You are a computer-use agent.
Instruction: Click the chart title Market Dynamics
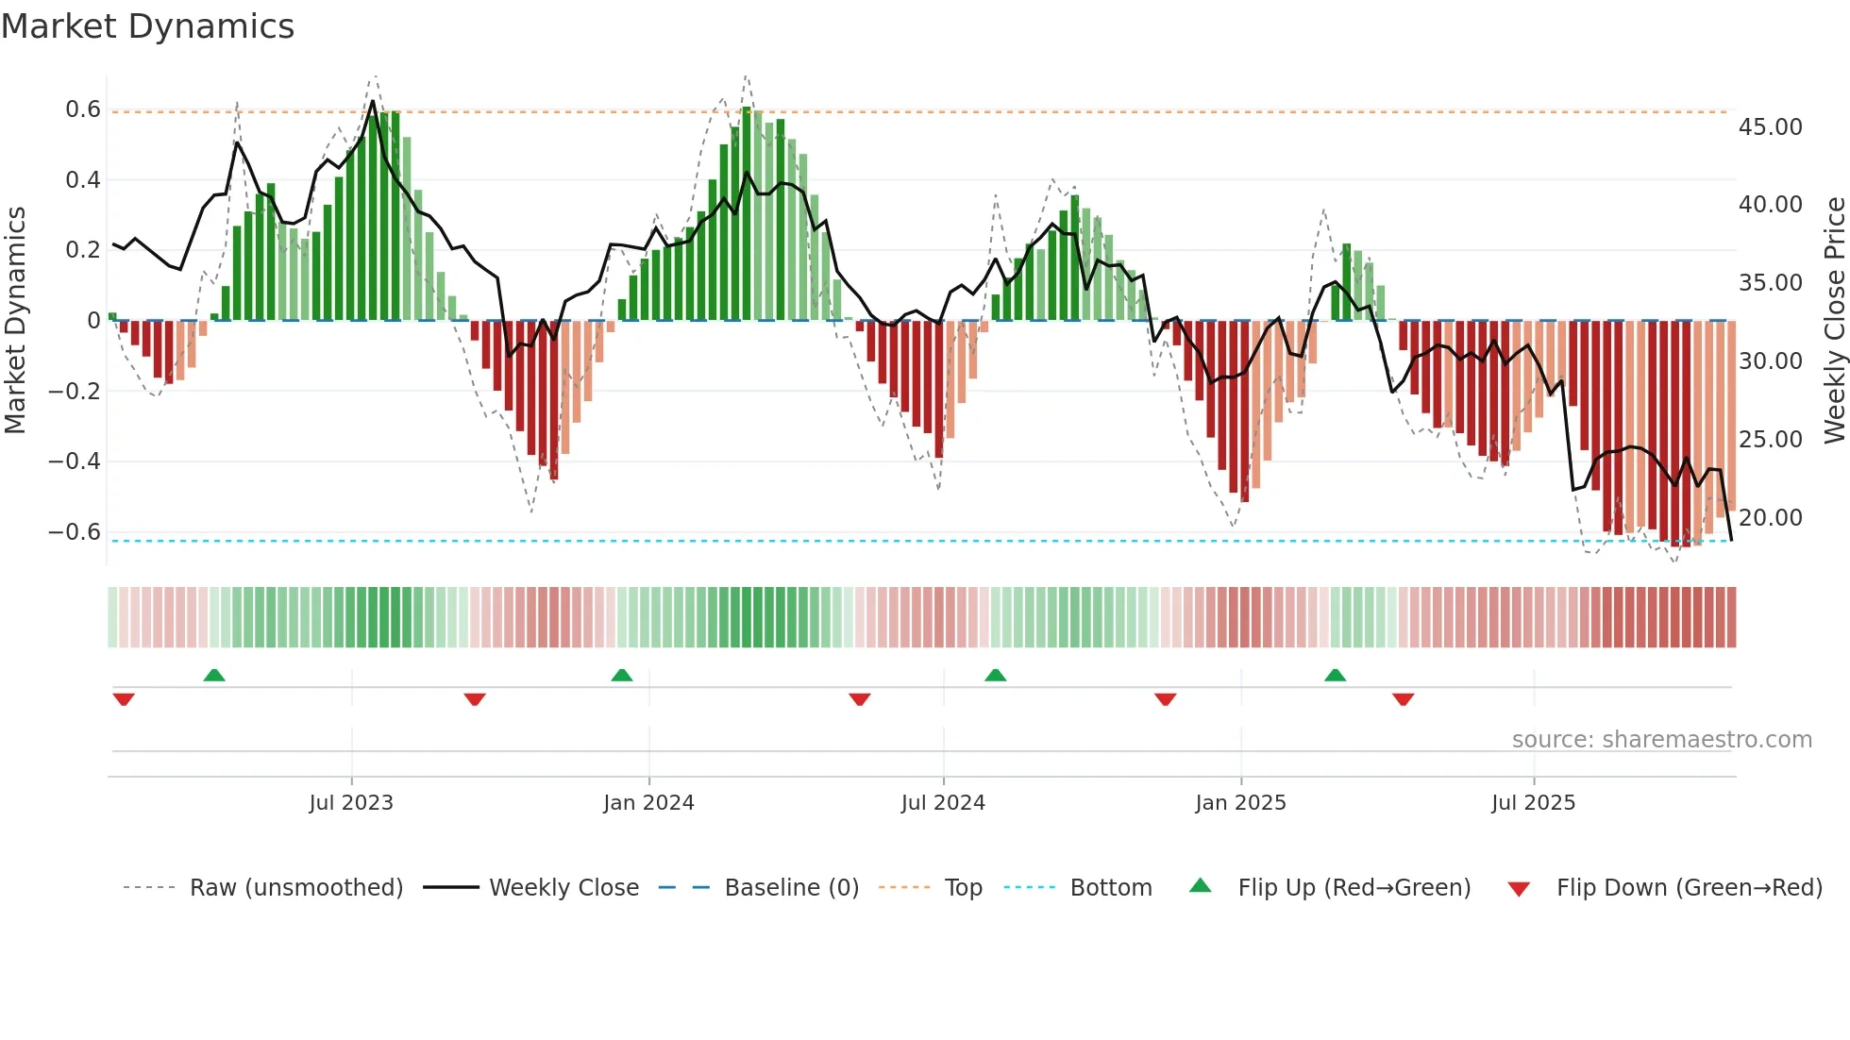click(x=148, y=26)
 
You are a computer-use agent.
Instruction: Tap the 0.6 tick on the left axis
click(x=83, y=109)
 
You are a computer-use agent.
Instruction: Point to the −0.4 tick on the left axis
click(x=75, y=461)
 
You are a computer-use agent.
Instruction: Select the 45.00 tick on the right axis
click(x=1770, y=127)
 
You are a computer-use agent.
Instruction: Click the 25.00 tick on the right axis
click(x=1770, y=440)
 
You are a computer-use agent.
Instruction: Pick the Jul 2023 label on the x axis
click(x=351, y=803)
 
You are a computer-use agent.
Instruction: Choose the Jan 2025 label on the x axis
click(x=1240, y=803)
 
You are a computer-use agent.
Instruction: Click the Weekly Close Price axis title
click(x=1834, y=321)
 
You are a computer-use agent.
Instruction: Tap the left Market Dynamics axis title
click(x=15, y=321)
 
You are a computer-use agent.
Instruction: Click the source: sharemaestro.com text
click(x=1661, y=740)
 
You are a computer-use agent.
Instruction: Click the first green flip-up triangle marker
click(x=214, y=675)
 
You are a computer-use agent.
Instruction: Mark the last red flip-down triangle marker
click(x=1403, y=699)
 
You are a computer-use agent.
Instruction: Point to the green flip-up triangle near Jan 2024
click(x=621, y=675)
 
